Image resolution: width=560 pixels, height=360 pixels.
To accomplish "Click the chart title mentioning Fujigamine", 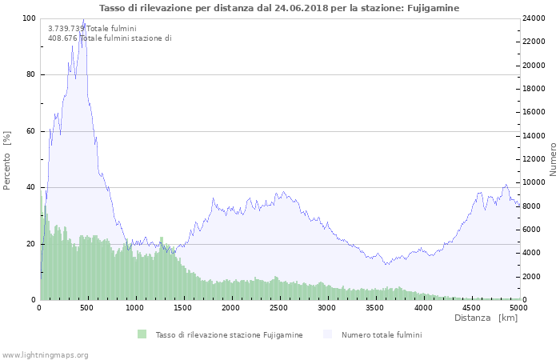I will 279,8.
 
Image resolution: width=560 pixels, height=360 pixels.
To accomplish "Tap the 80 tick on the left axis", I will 30,75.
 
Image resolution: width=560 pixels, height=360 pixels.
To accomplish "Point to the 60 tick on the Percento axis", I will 30,131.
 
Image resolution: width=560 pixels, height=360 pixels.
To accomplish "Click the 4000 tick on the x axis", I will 422,308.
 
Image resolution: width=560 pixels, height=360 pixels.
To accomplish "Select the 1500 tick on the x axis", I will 183,308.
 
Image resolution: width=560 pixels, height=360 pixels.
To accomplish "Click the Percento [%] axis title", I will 7,160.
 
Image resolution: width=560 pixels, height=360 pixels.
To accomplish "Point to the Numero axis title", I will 553,160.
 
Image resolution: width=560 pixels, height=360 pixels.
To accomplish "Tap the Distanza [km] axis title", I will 486,318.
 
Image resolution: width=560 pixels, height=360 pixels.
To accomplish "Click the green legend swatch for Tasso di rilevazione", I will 142,334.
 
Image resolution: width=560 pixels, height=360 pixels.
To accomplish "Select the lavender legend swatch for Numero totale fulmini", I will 328,334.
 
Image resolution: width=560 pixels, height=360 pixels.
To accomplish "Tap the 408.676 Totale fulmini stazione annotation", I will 110,38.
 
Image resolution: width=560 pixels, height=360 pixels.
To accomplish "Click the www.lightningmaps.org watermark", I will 45,354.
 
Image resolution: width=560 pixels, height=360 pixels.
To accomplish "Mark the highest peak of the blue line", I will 83,19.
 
